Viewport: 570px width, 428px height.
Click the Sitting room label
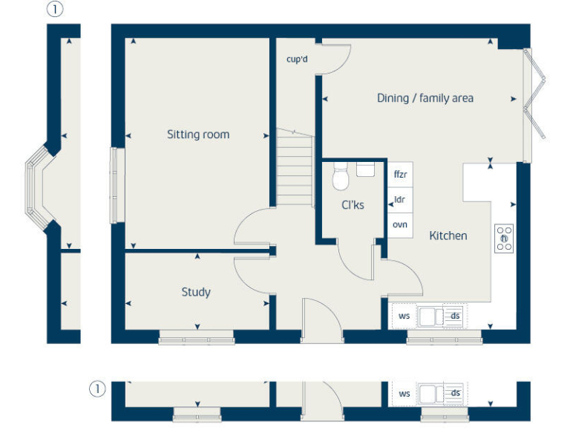point(197,134)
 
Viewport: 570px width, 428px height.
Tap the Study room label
point(196,292)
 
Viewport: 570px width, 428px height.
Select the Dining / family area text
point(425,98)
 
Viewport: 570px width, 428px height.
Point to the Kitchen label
point(448,236)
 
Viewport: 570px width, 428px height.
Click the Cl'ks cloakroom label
point(353,205)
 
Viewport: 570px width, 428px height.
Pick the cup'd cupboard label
point(297,59)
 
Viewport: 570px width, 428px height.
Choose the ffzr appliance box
point(401,175)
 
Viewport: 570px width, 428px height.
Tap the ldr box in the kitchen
point(401,200)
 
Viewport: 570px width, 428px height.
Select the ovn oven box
point(401,224)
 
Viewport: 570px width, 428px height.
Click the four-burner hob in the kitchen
point(505,238)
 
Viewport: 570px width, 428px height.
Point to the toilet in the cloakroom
point(341,177)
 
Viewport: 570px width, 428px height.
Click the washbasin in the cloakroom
point(366,169)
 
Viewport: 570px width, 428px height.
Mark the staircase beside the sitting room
point(295,167)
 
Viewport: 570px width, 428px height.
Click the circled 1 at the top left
point(54,10)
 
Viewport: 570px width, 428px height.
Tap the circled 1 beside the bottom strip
point(95,389)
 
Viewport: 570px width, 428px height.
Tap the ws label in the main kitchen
point(404,316)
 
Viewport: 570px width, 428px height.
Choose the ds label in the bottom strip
point(456,393)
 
